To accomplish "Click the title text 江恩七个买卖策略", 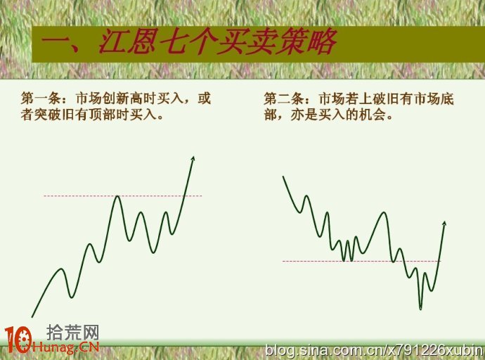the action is pos(217,41).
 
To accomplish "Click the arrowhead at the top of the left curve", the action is pos(193,159).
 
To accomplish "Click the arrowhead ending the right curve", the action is pos(444,224).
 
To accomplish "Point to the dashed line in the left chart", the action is pos(123,195).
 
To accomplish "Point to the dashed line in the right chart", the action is pos(361,262).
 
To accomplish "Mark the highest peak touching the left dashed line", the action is pos(117,196).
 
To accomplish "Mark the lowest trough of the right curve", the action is pos(420,308).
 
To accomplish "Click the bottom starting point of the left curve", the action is pos(32,316).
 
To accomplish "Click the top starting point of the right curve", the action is pos(283,176).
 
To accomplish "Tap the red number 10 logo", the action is pos(18,340).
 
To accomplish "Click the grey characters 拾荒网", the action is pos(72,333).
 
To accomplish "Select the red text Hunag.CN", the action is pos(65,347).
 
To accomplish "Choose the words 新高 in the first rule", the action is pos(129,98).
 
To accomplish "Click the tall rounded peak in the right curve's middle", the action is pos(384,213).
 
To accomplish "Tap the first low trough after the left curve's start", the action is pos(72,297).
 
